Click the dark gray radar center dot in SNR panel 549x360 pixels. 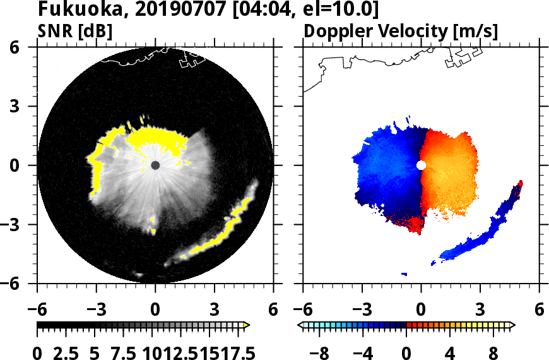[155, 165]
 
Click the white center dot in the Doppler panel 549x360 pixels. [421, 165]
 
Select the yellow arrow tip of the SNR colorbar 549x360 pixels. [247, 325]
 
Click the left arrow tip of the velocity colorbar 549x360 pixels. [301, 325]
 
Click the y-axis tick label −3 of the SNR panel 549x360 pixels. [20, 225]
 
